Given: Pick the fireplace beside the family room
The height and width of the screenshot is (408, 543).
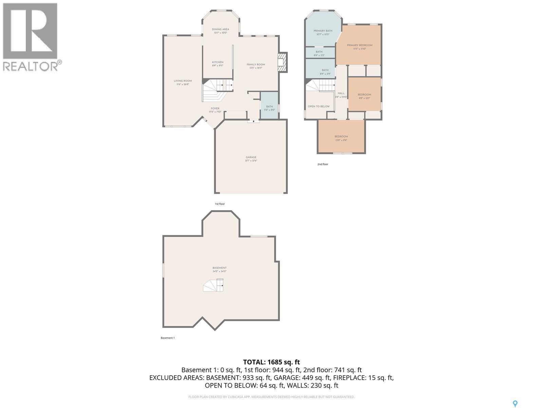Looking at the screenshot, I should [282, 63].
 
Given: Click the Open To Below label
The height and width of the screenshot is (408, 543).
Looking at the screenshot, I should [318, 106].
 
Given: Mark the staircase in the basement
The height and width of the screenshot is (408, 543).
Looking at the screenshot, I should [213, 285].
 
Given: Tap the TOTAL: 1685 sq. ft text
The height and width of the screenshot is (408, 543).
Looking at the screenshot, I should [271, 362].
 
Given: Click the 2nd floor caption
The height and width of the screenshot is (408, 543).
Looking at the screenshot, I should [322, 164].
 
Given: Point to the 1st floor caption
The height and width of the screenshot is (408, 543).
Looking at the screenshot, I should [220, 204].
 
